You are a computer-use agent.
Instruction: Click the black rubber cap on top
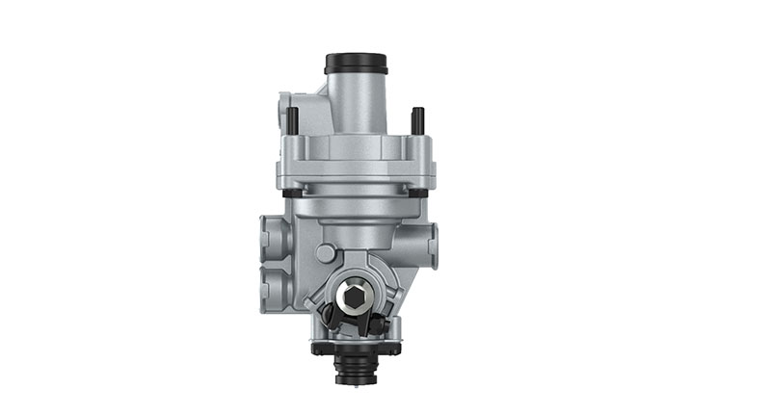[357, 64]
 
